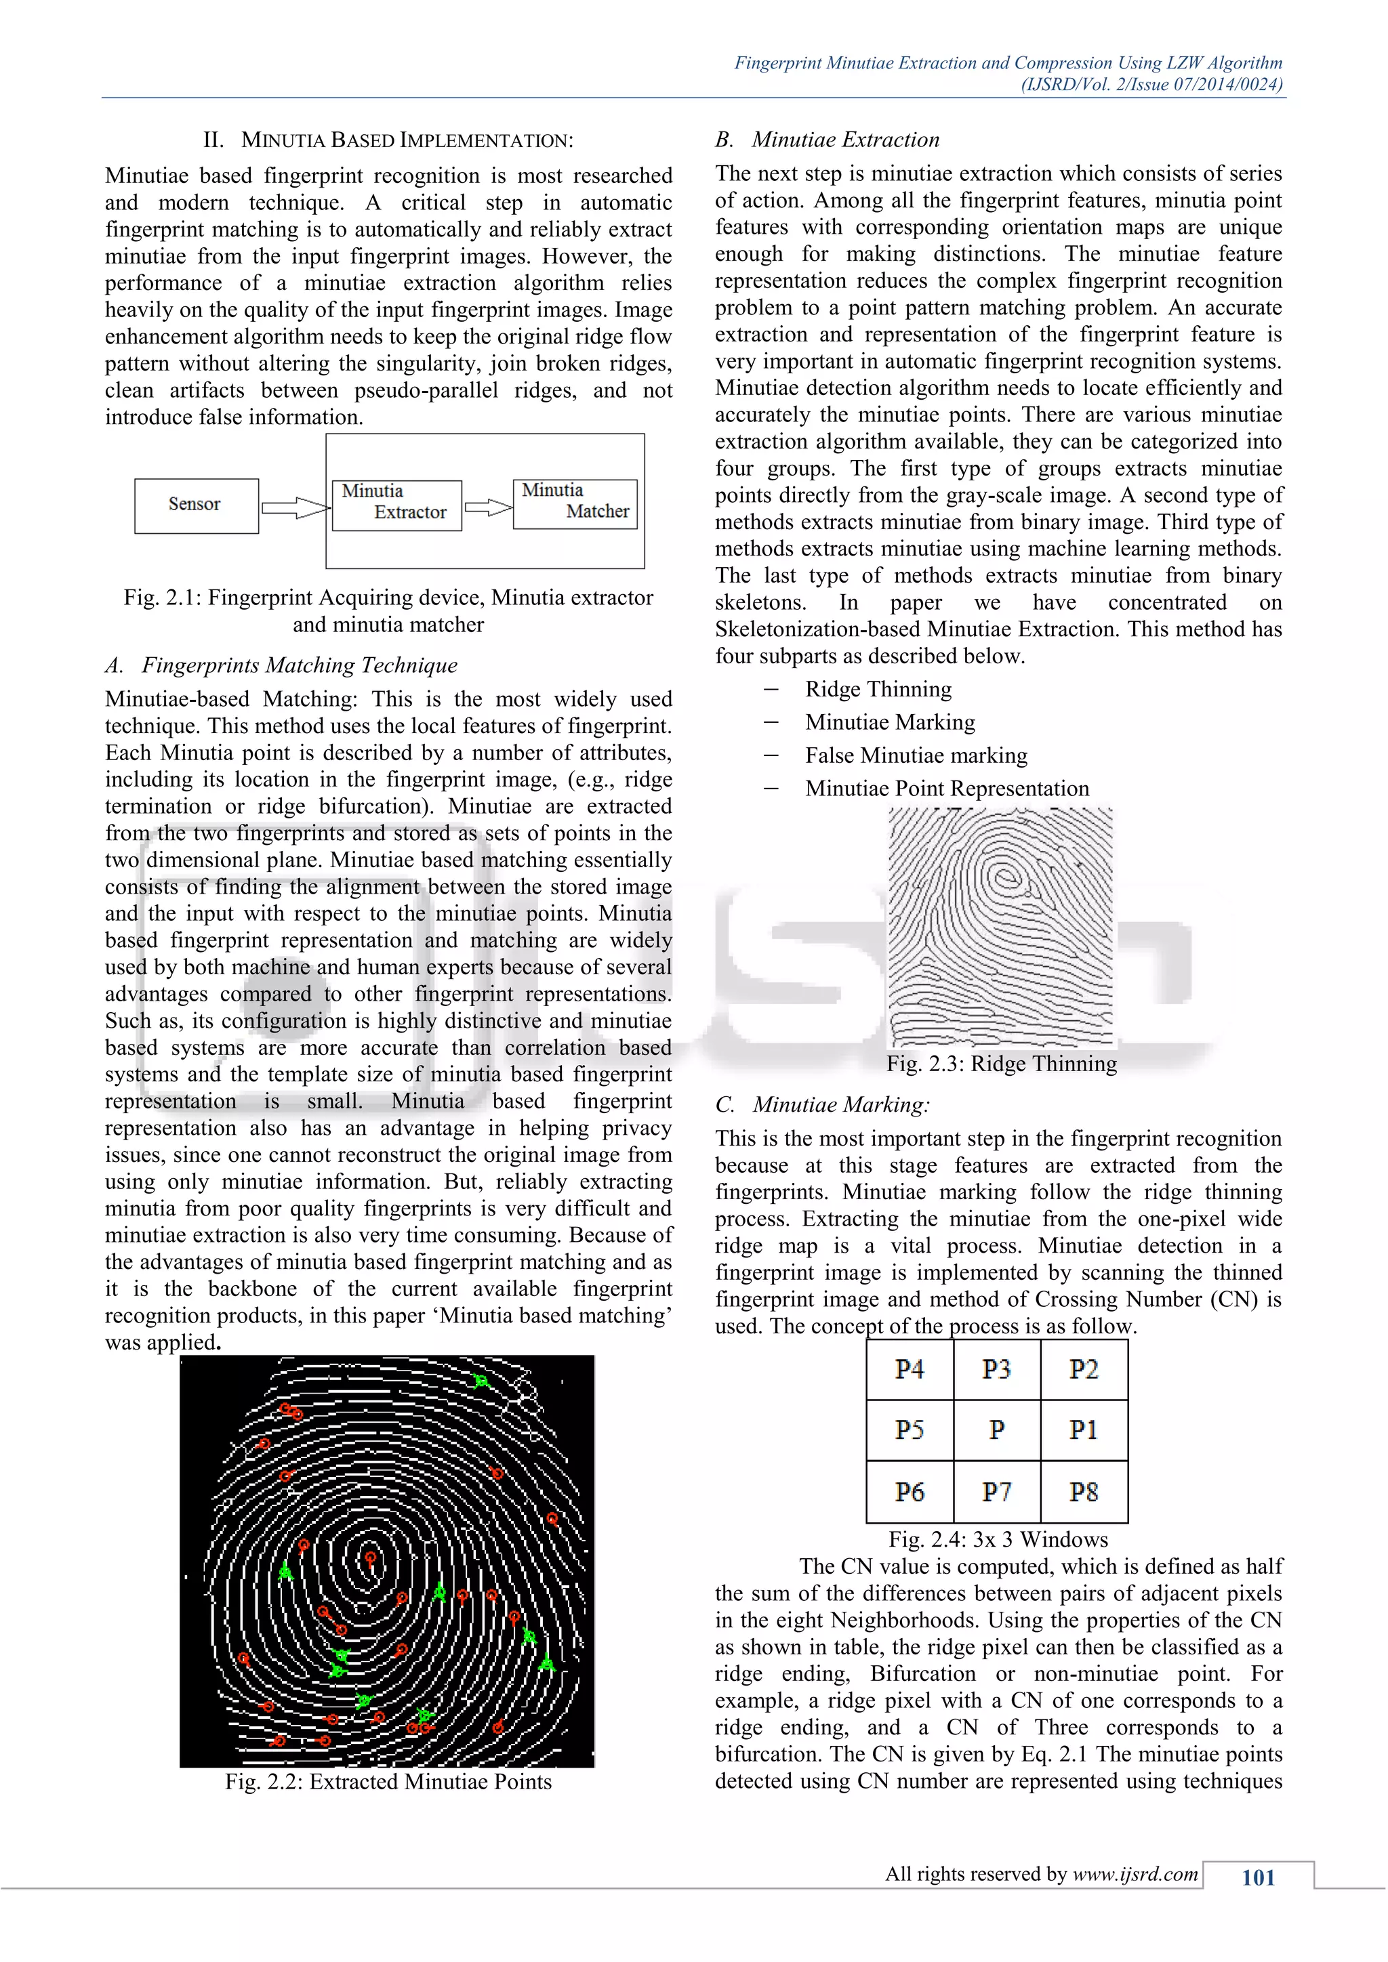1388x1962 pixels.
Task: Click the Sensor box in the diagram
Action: click(x=196, y=506)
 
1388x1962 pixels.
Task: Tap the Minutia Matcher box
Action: click(x=575, y=504)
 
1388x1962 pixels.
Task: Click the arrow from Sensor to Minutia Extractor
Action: click(x=295, y=507)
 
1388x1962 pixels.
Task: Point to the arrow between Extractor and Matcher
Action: click(x=488, y=507)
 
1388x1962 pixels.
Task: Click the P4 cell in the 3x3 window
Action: click(x=910, y=1370)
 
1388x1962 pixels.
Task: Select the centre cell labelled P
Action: click(x=996, y=1429)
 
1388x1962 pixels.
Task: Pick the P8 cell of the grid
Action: click(x=1084, y=1492)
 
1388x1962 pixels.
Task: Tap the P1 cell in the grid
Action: click(x=1084, y=1429)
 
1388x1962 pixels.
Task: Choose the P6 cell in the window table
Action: click(x=910, y=1492)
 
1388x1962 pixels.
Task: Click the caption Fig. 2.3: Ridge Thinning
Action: click(x=1001, y=1064)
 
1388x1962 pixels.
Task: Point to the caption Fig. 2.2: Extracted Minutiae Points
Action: click(x=388, y=1782)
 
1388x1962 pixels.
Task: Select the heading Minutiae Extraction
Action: click(x=845, y=140)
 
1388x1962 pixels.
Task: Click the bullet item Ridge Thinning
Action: click(x=878, y=690)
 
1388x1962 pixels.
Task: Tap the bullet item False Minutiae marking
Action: click(x=916, y=755)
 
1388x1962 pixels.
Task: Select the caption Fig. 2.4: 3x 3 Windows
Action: click(x=998, y=1539)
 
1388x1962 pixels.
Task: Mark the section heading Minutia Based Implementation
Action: click(x=407, y=140)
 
